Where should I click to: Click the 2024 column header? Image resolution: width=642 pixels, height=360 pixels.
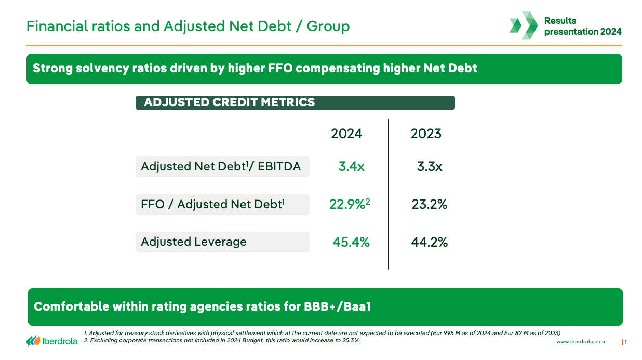click(346, 134)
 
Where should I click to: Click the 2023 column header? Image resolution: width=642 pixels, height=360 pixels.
click(426, 134)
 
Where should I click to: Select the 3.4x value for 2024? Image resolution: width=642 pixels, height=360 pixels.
click(351, 167)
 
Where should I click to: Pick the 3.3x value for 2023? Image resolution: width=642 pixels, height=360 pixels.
click(430, 167)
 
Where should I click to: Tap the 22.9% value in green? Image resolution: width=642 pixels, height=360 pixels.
click(347, 205)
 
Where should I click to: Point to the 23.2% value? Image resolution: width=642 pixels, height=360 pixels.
click(430, 205)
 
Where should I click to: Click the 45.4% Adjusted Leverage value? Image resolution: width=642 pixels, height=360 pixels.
click(351, 242)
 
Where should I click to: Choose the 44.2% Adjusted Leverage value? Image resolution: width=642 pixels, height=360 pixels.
click(430, 242)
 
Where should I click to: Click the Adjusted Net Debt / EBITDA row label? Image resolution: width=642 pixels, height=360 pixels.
click(221, 167)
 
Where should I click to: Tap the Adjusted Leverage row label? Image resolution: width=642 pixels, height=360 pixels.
click(194, 242)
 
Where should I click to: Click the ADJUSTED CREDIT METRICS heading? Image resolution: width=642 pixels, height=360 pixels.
click(230, 102)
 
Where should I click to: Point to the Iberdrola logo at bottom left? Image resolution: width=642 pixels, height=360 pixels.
click(52, 341)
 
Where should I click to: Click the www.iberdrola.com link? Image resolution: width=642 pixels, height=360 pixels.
click(580, 342)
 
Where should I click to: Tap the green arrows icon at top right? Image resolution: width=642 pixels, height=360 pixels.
click(524, 25)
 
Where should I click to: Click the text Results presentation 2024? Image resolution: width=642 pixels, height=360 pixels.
click(582, 26)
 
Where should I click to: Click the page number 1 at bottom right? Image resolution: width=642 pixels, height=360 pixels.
click(626, 342)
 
